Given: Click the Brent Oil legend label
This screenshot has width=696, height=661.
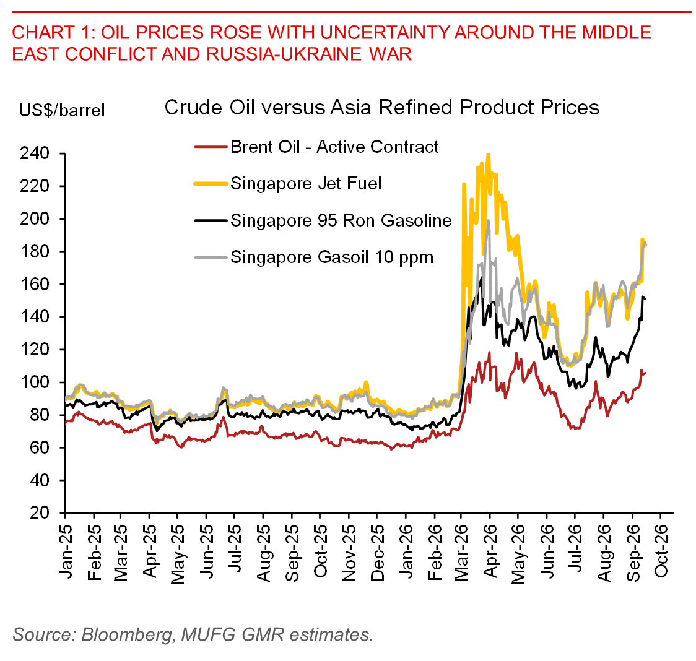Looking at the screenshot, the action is [334, 147].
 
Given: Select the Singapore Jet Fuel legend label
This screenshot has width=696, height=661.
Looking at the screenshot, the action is [306, 184].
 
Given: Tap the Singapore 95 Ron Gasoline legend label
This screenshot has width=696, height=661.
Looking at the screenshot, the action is [341, 220].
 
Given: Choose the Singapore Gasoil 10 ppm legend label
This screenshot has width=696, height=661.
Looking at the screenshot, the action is [332, 257].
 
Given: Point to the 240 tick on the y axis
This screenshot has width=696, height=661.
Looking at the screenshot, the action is [35, 153].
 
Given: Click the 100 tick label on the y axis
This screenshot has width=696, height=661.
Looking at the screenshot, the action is [35, 382].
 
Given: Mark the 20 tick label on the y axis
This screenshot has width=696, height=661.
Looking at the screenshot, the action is [40, 513].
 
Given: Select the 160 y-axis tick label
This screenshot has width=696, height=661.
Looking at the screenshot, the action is [35, 284].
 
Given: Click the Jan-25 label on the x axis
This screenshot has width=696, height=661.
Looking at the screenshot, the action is [66, 551].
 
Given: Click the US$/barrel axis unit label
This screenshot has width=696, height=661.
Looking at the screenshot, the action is [62, 110].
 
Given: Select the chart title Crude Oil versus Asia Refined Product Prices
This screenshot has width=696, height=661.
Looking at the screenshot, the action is [382, 108].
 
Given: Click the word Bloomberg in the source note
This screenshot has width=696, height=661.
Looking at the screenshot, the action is [127, 635].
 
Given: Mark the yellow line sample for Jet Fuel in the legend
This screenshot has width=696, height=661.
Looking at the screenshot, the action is [211, 184].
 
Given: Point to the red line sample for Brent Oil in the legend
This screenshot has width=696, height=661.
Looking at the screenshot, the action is [211, 147].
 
